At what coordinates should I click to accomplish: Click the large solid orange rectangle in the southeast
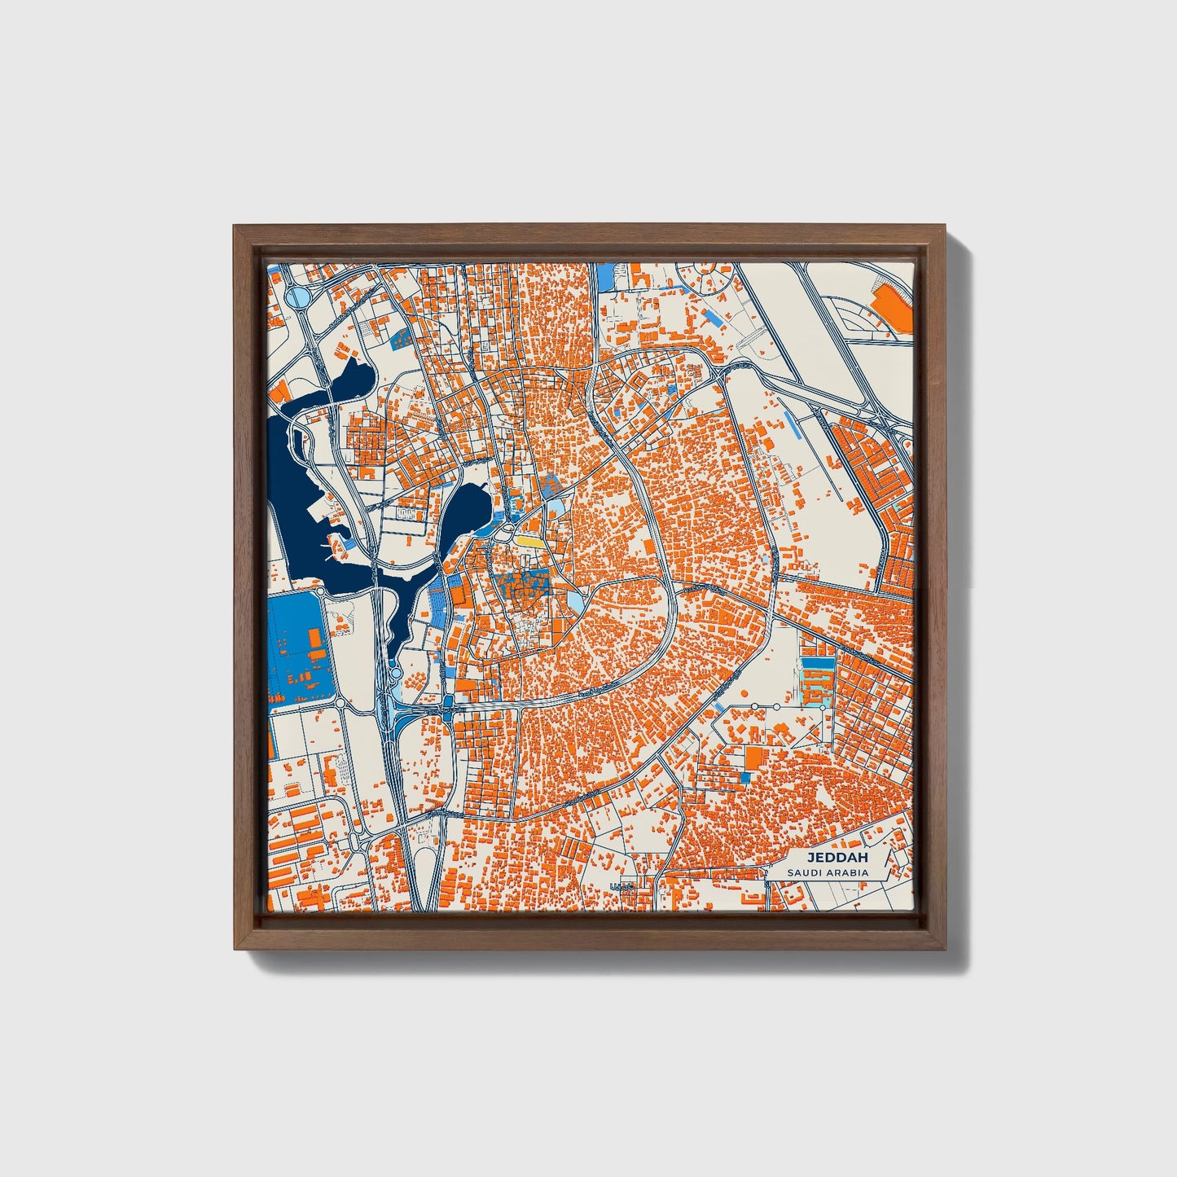pos(755,758)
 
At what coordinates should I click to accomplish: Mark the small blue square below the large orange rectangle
pos(744,778)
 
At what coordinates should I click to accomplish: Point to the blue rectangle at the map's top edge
pos(607,277)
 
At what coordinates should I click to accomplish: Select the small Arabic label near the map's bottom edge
pos(621,886)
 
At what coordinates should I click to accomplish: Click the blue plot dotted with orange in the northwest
pos(401,338)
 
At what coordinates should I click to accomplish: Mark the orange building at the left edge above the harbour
pos(279,391)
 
